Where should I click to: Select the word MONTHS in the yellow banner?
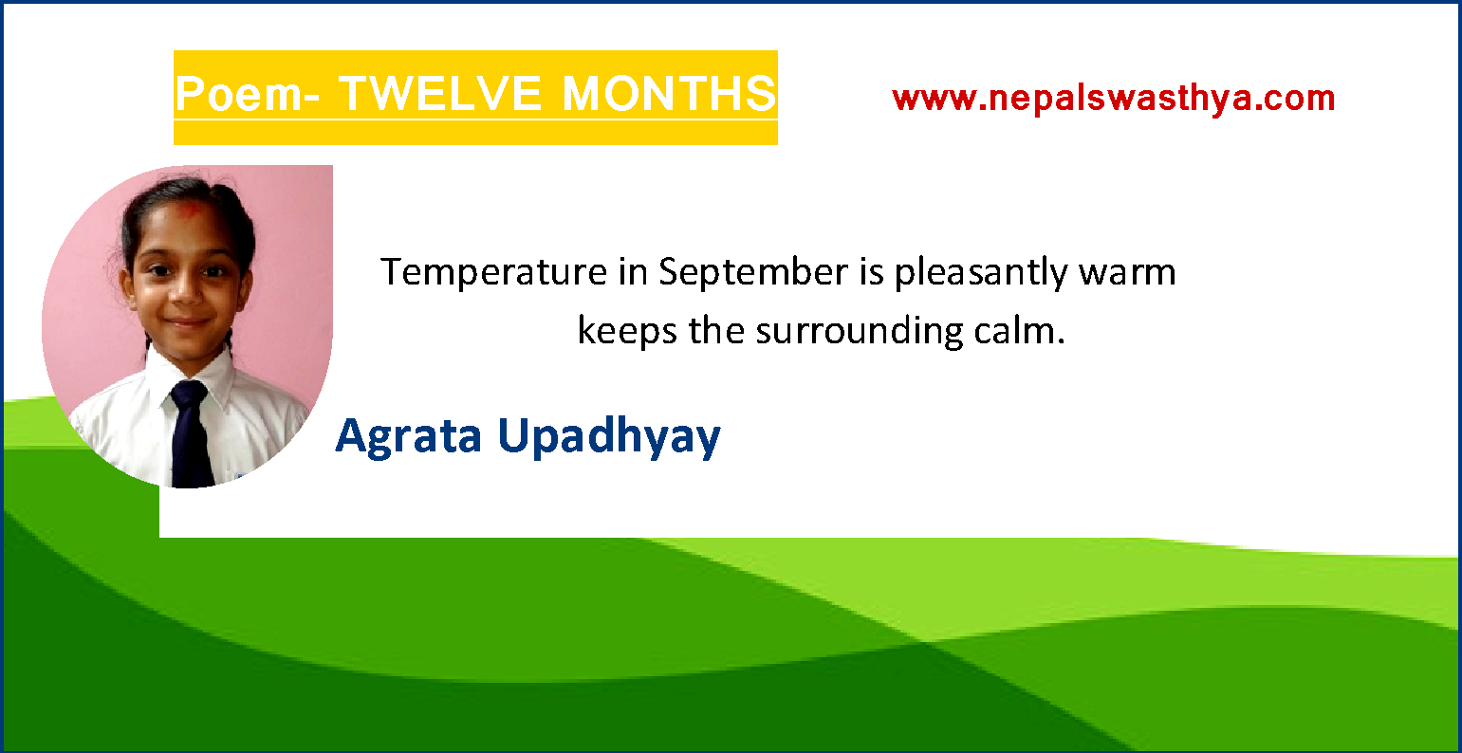[x=669, y=95]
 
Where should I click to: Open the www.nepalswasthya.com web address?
[x=1113, y=98]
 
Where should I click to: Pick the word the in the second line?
[x=717, y=332]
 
